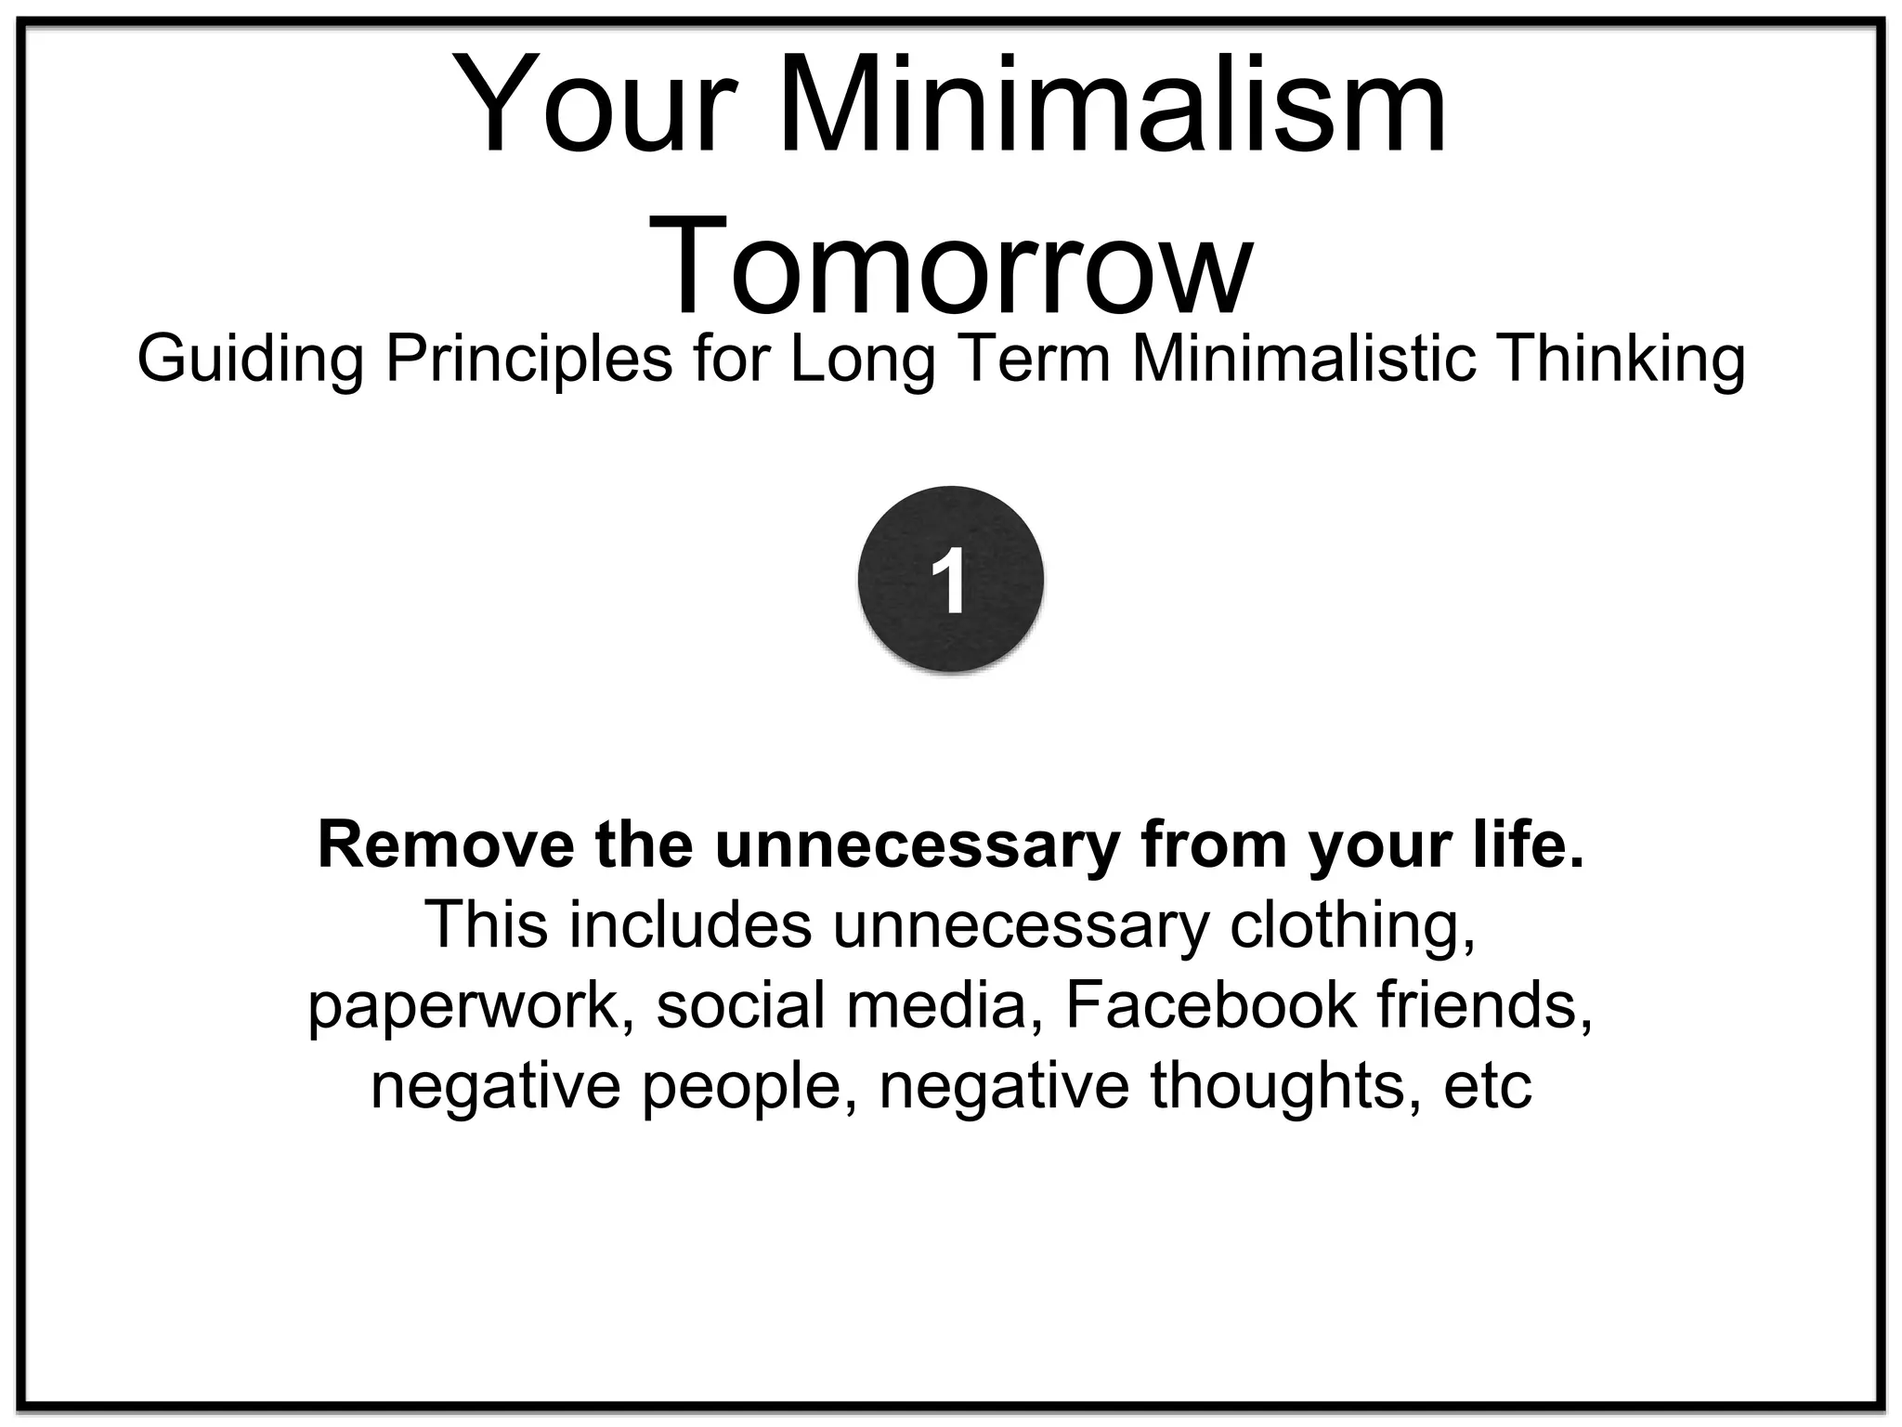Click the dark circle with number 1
[x=950, y=579]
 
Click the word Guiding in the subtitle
[x=249, y=360]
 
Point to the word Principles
[x=528, y=360]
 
